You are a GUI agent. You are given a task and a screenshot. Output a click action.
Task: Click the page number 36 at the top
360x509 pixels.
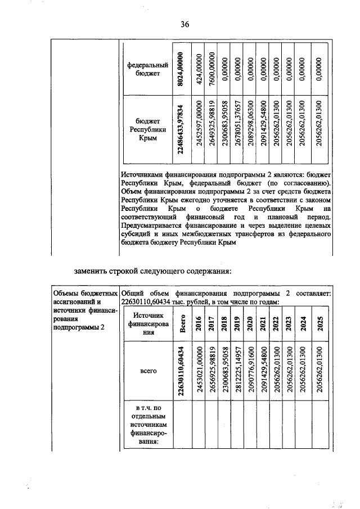(x=184, y=24)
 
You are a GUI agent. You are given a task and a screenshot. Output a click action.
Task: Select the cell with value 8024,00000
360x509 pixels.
(x=181, y=67)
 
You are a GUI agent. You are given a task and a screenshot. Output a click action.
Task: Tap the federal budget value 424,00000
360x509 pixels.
(x=198, y=67)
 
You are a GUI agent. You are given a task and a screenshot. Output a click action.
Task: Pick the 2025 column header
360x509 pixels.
(x=318, y=325)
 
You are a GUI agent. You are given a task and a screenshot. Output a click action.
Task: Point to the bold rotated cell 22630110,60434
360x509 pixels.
(x=181, y=371)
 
